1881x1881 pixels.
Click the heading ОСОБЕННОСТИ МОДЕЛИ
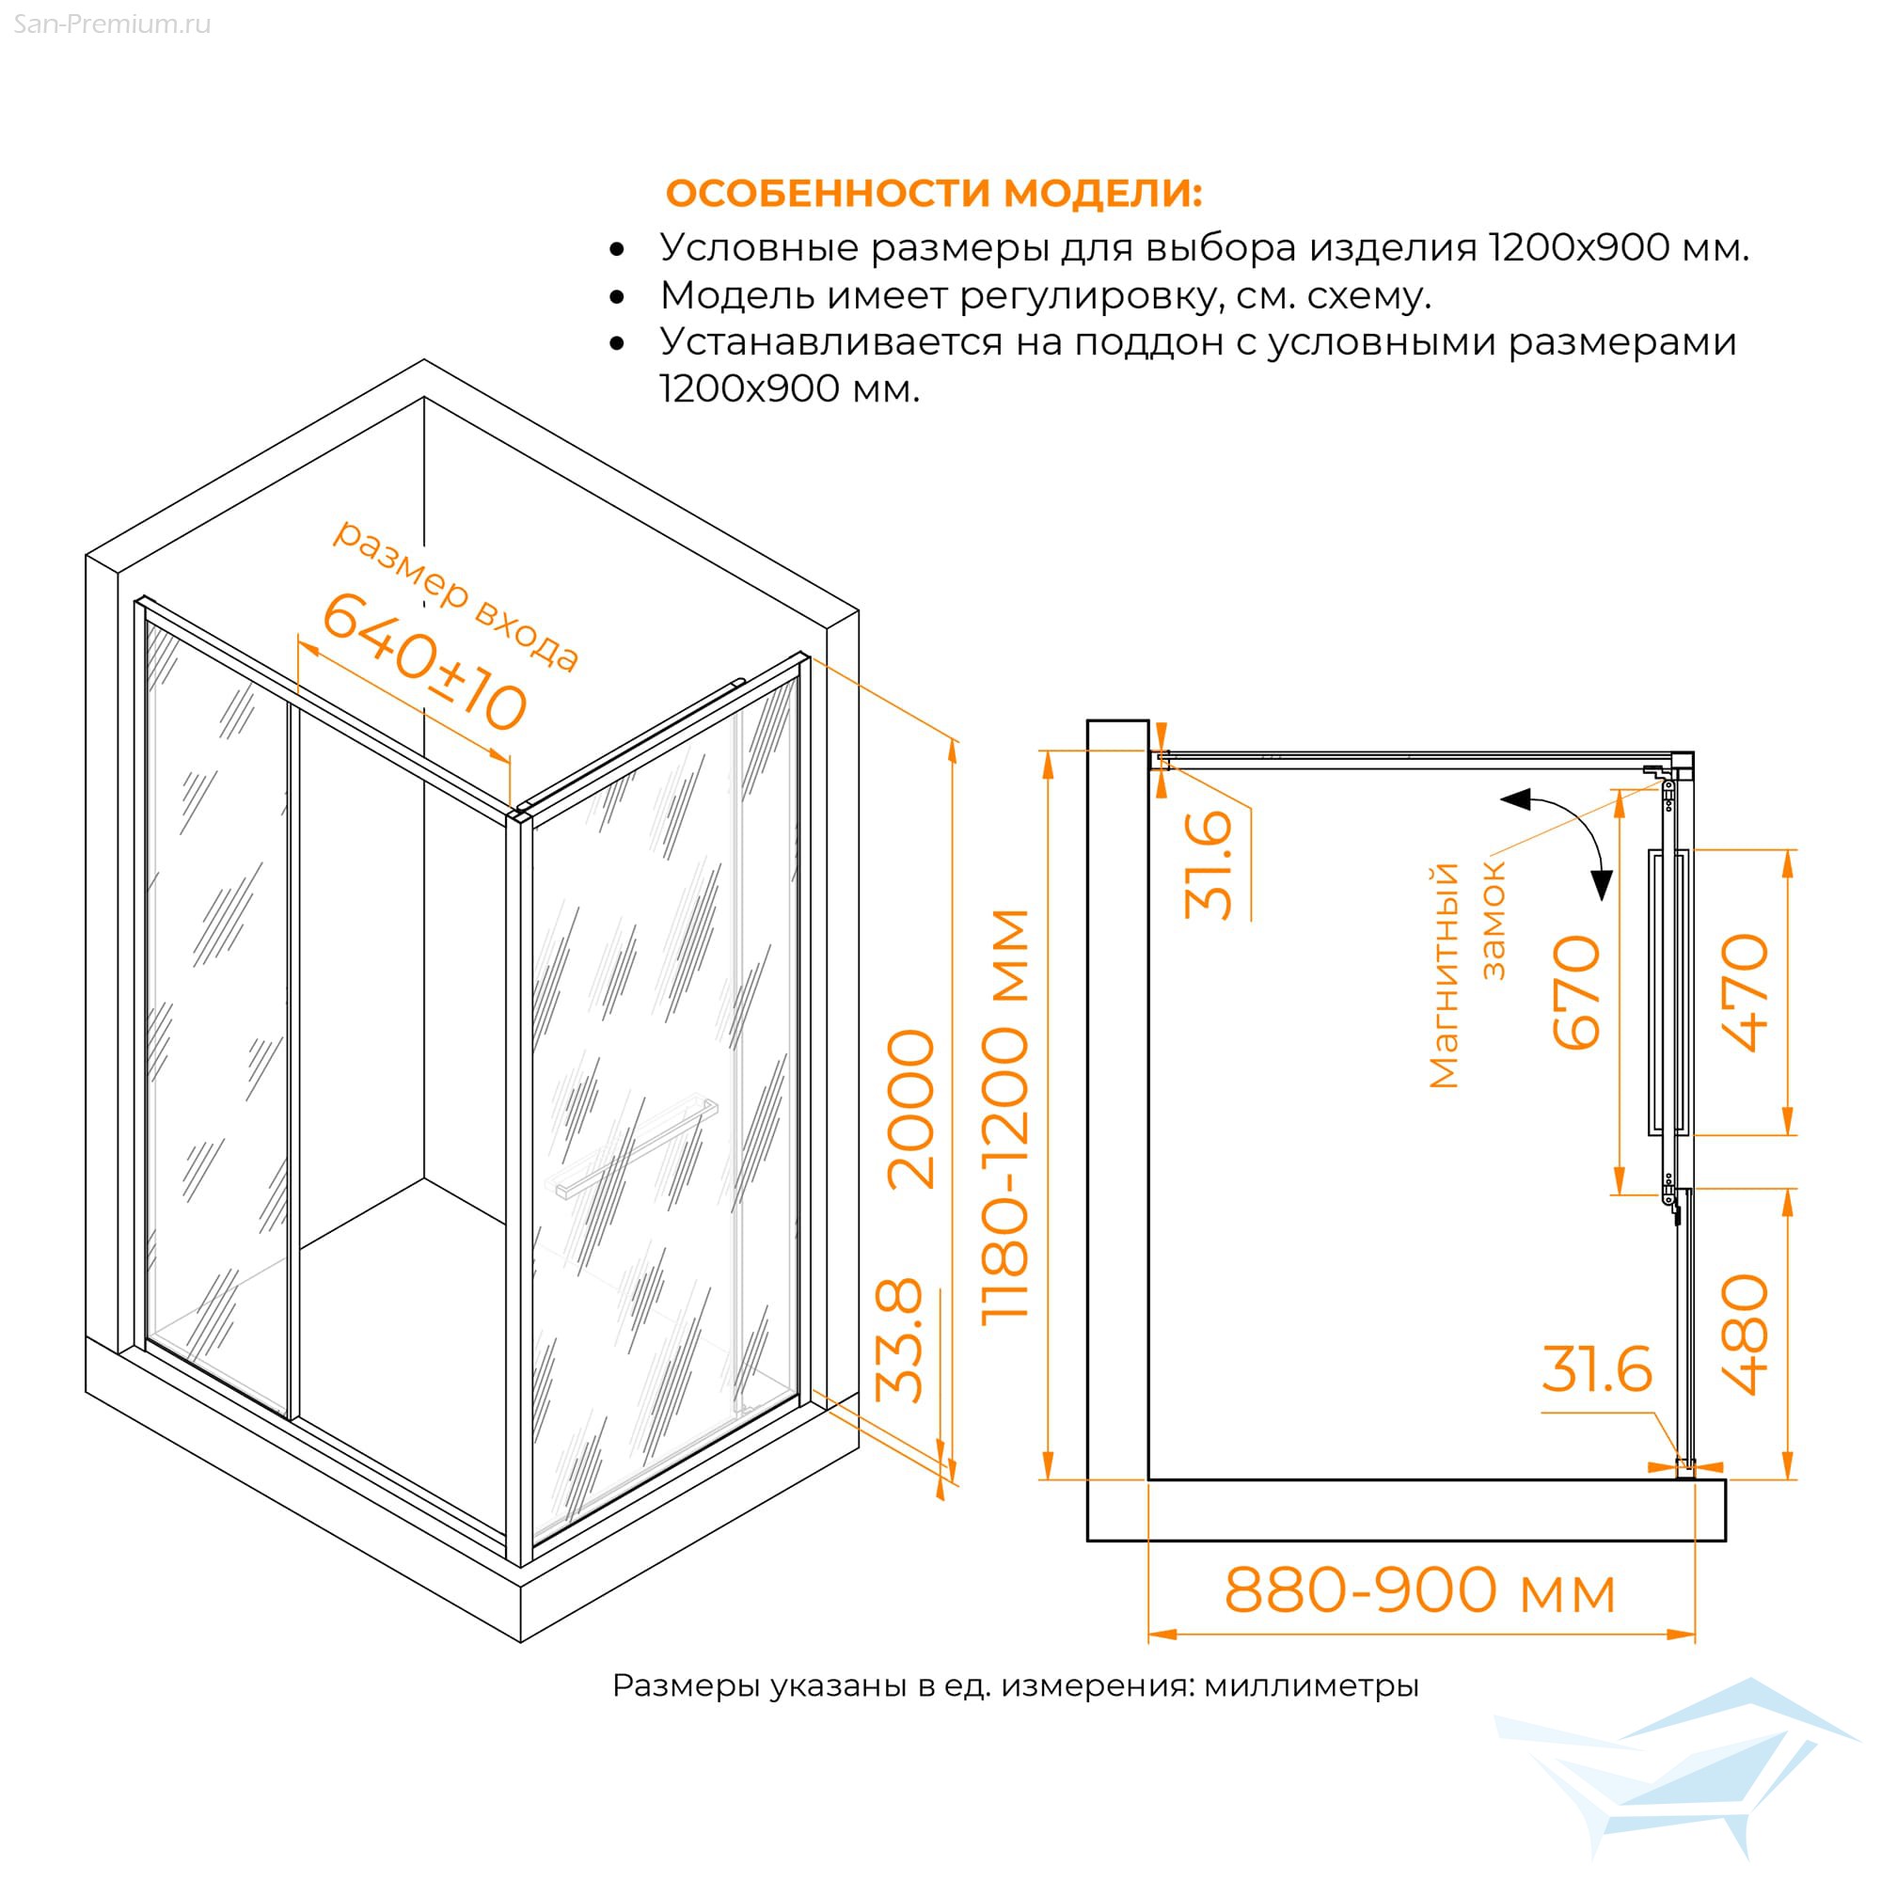tap(934, 193)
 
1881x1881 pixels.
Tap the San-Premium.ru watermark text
tap(112, 24)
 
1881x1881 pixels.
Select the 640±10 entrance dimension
tap(424, 662)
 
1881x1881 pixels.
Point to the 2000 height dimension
tap(911, 1109)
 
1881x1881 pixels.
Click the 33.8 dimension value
tap(898, 1339)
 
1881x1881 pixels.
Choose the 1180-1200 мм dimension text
tap(1004, 1116)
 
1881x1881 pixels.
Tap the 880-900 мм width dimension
tap(1419, 1591)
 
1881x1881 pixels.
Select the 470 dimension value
tap(1745, 992)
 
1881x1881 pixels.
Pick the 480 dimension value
tap(1745, 1335)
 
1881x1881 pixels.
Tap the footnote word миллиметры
tap(1311, 1685)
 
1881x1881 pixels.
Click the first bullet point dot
tap(616, 250)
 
